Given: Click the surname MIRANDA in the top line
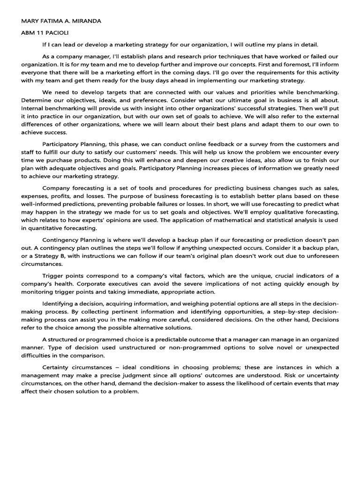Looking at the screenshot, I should pyautogui.click(x=84, y=21).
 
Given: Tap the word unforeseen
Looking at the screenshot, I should pyautogui.click(x=323, y=256).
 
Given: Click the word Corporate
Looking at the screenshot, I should pyautogui.click(x=93, y=284).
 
